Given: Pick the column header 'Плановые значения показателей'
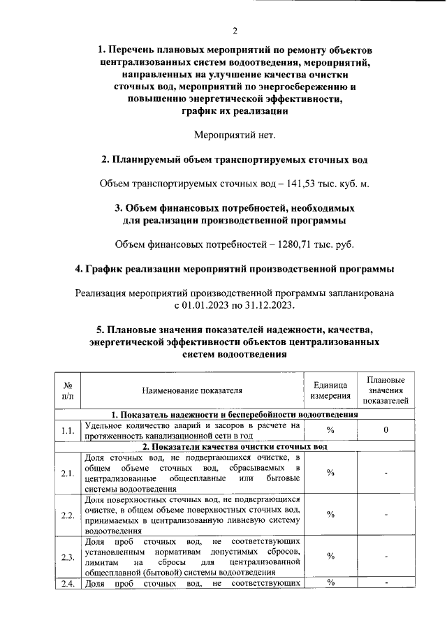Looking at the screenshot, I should tap(386, 390).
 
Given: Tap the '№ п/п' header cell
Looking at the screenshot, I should tap(68, 390).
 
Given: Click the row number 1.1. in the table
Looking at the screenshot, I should tap(68, 430).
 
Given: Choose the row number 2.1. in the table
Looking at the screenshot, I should tap(68, 473).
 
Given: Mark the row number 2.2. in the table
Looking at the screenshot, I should tap(68, 515).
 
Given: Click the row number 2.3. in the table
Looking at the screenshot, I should tap(68, 557).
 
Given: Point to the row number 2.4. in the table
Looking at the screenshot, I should tap(68, 584).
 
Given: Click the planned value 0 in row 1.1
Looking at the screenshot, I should tap(386, 430).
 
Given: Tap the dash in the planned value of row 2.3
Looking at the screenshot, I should tap(386, 557).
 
